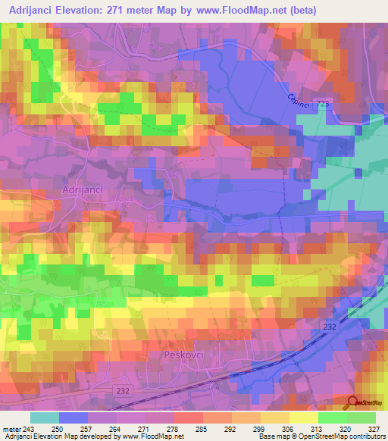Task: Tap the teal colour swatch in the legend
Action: tap(44, 418)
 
